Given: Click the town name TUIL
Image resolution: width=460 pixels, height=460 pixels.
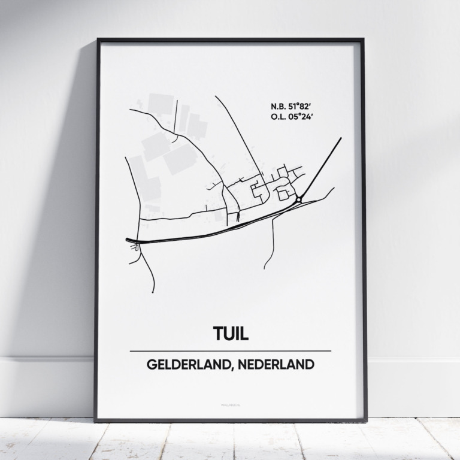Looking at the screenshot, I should click(230, 334).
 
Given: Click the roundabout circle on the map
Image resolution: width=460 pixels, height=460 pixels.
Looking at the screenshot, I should click(298, 199).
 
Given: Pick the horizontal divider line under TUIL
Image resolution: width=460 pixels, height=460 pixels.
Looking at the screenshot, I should click(230, 351).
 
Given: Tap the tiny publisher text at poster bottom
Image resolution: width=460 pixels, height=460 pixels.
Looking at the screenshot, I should click(230, 406).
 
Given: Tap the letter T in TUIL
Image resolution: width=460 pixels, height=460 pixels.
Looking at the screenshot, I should click(218, 334).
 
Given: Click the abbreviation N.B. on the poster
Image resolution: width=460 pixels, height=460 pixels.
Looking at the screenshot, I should click(278, 107).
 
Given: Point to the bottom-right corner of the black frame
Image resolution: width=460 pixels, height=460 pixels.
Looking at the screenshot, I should click(365, 419).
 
